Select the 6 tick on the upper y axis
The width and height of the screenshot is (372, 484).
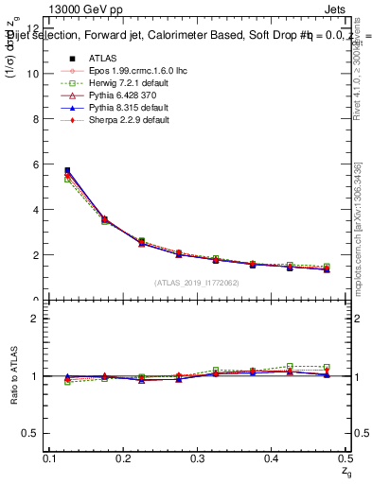[37, 164]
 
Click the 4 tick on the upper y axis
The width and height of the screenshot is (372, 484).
[37, 210]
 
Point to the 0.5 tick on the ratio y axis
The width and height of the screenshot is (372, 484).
[31, 433]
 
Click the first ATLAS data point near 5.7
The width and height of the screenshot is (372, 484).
[66, 171]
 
